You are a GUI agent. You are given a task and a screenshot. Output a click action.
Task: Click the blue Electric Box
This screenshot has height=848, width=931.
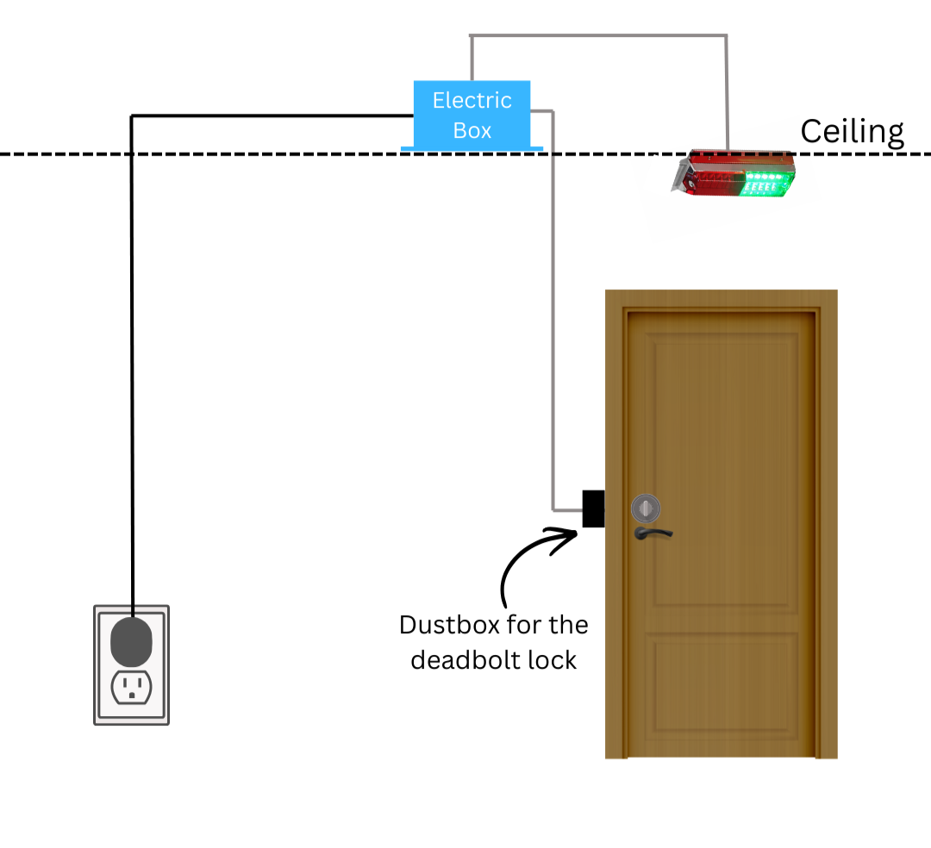(x=472, y=115)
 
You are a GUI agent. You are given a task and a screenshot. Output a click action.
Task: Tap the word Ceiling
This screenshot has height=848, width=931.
(x=852, y=132)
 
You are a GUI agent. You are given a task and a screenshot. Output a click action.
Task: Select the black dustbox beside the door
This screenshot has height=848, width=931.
(x=593, y=508)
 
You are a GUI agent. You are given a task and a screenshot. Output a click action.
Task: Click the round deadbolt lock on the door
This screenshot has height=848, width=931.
(x=646, y=508)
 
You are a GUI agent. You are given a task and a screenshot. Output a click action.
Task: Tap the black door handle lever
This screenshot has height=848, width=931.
(x=653, y=533)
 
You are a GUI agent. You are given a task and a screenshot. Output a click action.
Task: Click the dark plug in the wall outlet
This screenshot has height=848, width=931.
(x=131, y=641)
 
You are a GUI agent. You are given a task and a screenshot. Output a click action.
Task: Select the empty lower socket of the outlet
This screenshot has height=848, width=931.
(x=131, y=687)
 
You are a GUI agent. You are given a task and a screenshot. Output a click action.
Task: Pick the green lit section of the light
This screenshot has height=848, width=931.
(x=766, y=184)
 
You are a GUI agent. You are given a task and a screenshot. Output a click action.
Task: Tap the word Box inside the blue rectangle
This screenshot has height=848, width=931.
(x=472, y=130)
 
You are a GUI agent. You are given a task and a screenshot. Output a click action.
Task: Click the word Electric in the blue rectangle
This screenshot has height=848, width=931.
(x=472, y=100)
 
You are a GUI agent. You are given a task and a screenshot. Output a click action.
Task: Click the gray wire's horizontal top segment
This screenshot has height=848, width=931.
(x=598, y=35)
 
